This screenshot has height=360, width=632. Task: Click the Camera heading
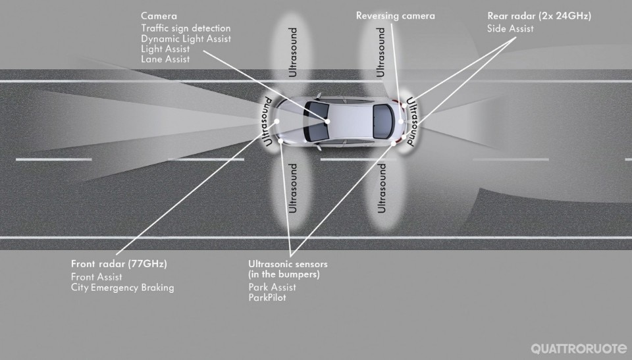pyautogui.click(x=159, y=16)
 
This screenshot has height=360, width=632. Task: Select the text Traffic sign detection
pyautogui.click(x=186, y=28)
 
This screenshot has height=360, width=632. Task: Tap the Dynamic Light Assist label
pyautogui.click(x=186, y=39)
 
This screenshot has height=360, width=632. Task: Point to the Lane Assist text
pyautogui.click(x=165, y=59)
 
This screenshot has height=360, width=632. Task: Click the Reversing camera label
pyautogui.click(x=396, y=16)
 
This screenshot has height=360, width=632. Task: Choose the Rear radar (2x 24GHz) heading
pyautogui.click(x=539, y=16)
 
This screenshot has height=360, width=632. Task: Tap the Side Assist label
pyautogui.click(x=510, y=28)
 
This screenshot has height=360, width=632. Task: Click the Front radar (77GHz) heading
pyautogui.click(x=119, y=264)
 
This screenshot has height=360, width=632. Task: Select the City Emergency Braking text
pyautogui.click(x=122, y=288)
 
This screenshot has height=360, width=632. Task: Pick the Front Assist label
pyautogui.click(x=96, y=277)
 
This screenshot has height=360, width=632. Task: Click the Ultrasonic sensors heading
pyautogui.click(x=288, y=264)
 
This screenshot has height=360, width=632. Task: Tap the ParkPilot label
pyautogui.click(x=267, y=297)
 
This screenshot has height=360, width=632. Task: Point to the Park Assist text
pyautogui.click(x=272, y=287)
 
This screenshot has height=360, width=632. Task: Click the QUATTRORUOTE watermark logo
pyautogui.click(x=579, y=349)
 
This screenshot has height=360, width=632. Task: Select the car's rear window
pyautogui.click(x=382, y=121)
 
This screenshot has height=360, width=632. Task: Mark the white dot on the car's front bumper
pyautogui.click(x=277, y=121)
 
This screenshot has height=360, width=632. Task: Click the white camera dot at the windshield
pyautogui.click(x=327, y=121)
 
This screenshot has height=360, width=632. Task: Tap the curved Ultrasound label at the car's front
pyautogui.click(x=266, y=121)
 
